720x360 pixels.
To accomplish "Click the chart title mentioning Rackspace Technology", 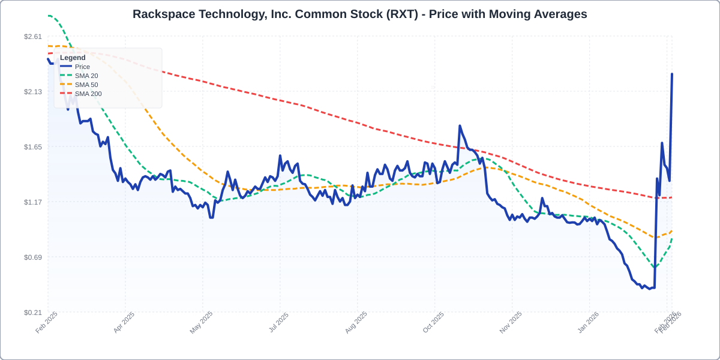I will point(360,14).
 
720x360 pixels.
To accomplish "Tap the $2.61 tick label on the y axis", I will point(33,37).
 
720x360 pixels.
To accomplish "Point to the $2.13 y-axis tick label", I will point(33,92).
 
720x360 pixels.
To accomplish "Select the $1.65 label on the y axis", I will point(33,147).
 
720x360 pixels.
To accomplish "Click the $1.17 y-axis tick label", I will point(33,202).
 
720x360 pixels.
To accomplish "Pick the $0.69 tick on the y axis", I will point(33,257).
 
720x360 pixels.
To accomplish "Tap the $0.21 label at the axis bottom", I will point(33,313).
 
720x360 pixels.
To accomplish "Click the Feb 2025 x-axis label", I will point(47,322).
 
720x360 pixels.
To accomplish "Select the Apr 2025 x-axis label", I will point(124,322).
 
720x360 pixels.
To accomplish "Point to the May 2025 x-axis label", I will point(202,322).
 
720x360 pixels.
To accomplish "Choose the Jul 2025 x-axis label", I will point(278,322).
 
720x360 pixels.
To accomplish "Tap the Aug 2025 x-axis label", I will point(356,322).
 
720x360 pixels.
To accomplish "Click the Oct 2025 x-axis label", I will point(433,322).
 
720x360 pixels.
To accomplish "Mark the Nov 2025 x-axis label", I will point(511,322).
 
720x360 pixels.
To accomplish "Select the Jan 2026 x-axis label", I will point(588,322).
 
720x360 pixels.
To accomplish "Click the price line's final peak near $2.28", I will point(672,74).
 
